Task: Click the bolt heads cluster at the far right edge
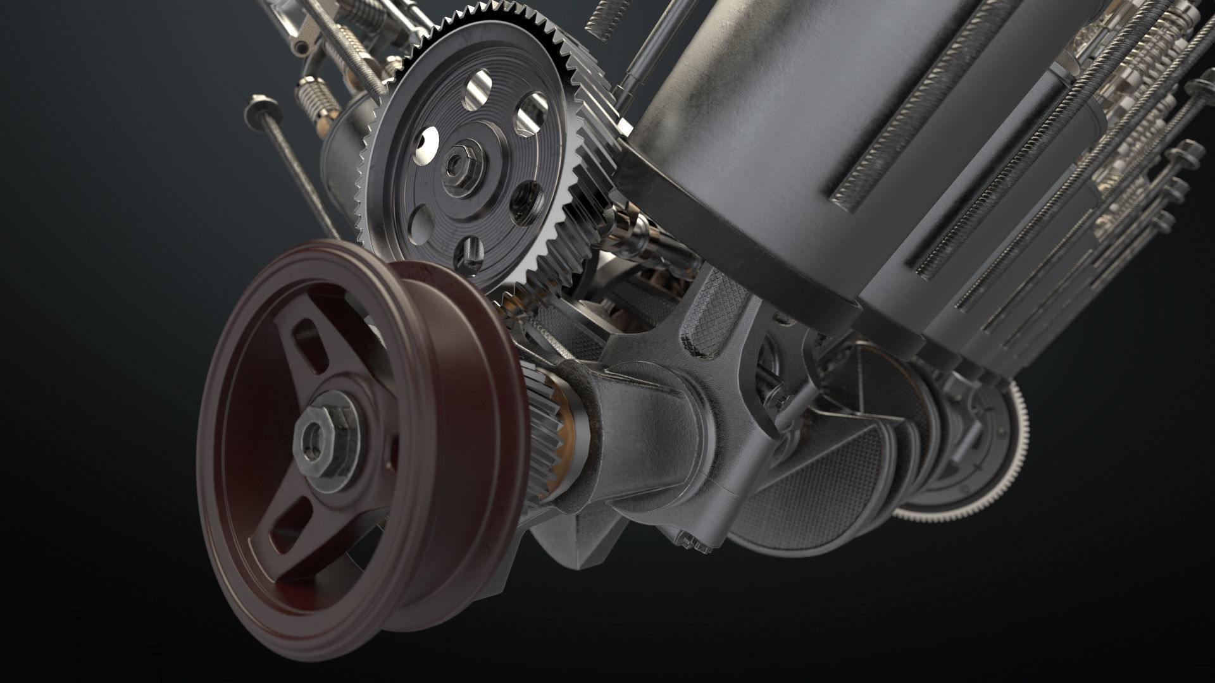coord(1190,158)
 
